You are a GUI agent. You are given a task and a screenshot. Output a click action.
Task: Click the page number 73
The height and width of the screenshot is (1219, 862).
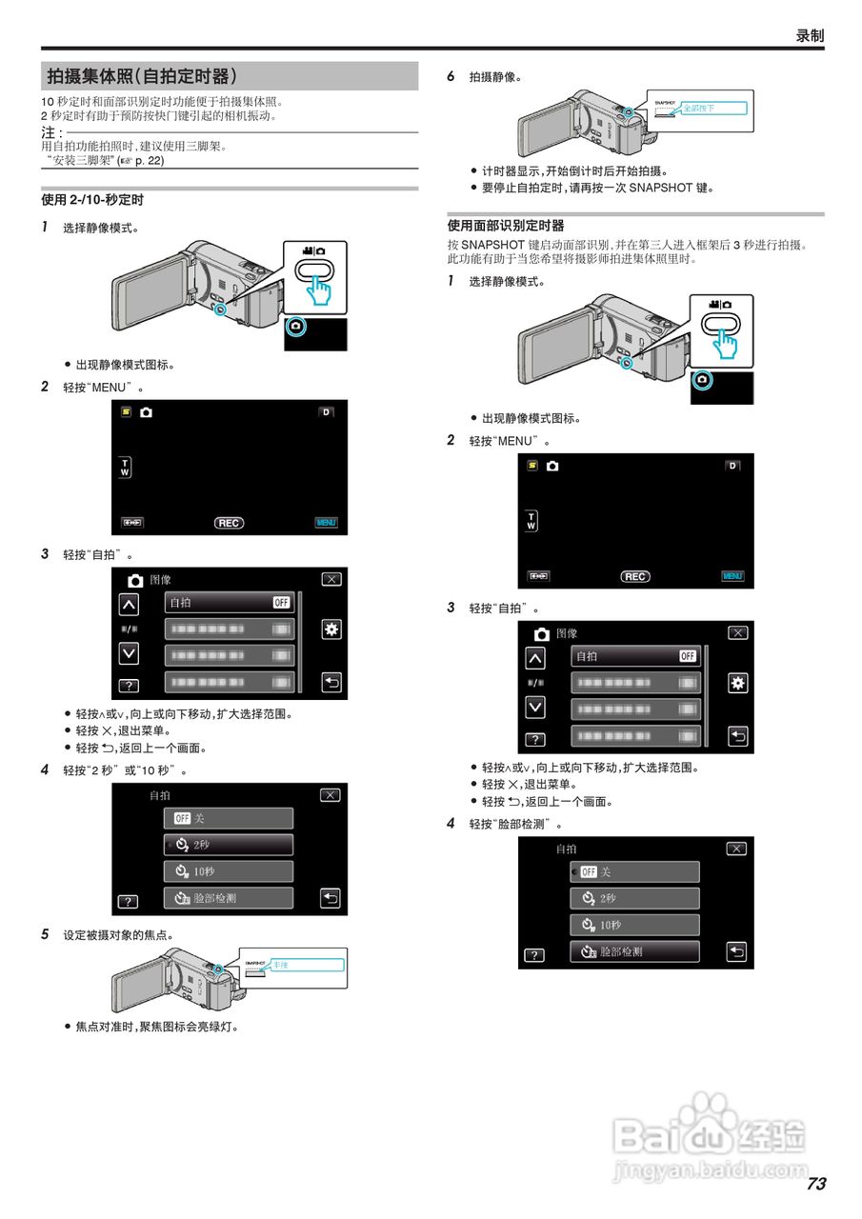pos(815,1184)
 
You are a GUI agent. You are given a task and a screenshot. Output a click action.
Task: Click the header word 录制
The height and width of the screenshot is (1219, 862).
pos(810,35)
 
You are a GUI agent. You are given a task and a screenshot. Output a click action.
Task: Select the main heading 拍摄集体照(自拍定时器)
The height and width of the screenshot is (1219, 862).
pos(143,76)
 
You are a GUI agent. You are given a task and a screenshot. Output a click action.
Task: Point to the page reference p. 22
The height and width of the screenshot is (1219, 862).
pos(148,161)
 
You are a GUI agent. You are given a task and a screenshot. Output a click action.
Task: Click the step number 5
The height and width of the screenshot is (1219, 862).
pos(45,934)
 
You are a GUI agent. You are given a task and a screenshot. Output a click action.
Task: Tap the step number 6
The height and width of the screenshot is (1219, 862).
pos(451,76)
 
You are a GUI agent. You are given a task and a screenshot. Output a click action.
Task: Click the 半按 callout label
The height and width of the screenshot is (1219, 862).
pos(281,965)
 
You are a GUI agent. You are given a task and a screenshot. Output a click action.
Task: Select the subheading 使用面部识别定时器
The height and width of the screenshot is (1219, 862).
pos(506,226)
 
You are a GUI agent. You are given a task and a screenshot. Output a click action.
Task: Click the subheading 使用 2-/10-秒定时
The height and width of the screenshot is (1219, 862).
pos(92,200)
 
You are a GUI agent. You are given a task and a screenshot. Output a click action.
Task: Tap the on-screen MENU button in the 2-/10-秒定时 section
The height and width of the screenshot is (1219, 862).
pos(327,523)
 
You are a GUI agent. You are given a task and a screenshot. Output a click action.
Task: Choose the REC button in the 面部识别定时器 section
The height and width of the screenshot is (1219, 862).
pos(635,576)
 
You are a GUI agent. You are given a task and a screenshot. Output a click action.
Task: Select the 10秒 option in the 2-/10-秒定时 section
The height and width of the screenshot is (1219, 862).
pos(228,871)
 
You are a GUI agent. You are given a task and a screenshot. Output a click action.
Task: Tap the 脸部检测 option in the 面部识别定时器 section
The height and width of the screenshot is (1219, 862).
pos(634,951)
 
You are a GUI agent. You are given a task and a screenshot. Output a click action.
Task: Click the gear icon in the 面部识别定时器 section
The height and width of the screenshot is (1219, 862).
pos(737,683)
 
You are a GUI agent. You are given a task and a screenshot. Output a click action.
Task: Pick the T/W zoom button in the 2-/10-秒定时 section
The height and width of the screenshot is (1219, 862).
pos(125,468)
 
